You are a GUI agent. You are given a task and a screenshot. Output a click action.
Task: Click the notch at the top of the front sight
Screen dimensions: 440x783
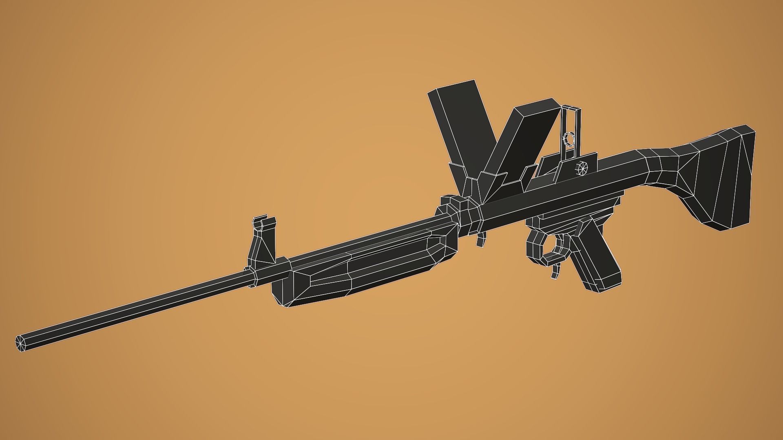coord(265,222)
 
